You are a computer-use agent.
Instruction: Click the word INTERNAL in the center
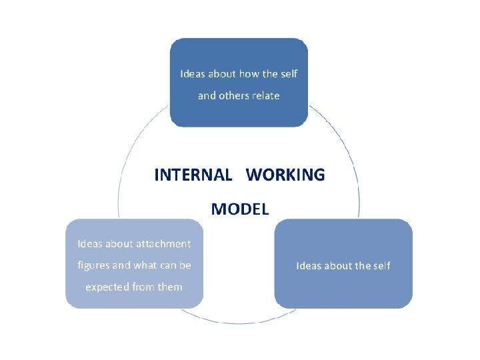point(193,175)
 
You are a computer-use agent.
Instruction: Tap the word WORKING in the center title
point(285,175)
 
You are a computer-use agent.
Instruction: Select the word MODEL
point(240,209)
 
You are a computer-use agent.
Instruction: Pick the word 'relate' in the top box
point(265,95)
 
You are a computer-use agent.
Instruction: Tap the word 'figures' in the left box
point(93,265)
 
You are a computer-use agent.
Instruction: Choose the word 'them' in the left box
point(169,287)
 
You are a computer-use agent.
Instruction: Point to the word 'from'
point(143,287)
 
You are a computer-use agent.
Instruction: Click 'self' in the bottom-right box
point(381,265)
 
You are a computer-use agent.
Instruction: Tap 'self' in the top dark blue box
point(288,73)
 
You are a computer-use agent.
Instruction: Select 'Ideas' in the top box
point(193,73)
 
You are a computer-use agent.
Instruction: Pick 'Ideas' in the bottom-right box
point(309,265)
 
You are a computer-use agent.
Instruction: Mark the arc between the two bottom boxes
point(239,322)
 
